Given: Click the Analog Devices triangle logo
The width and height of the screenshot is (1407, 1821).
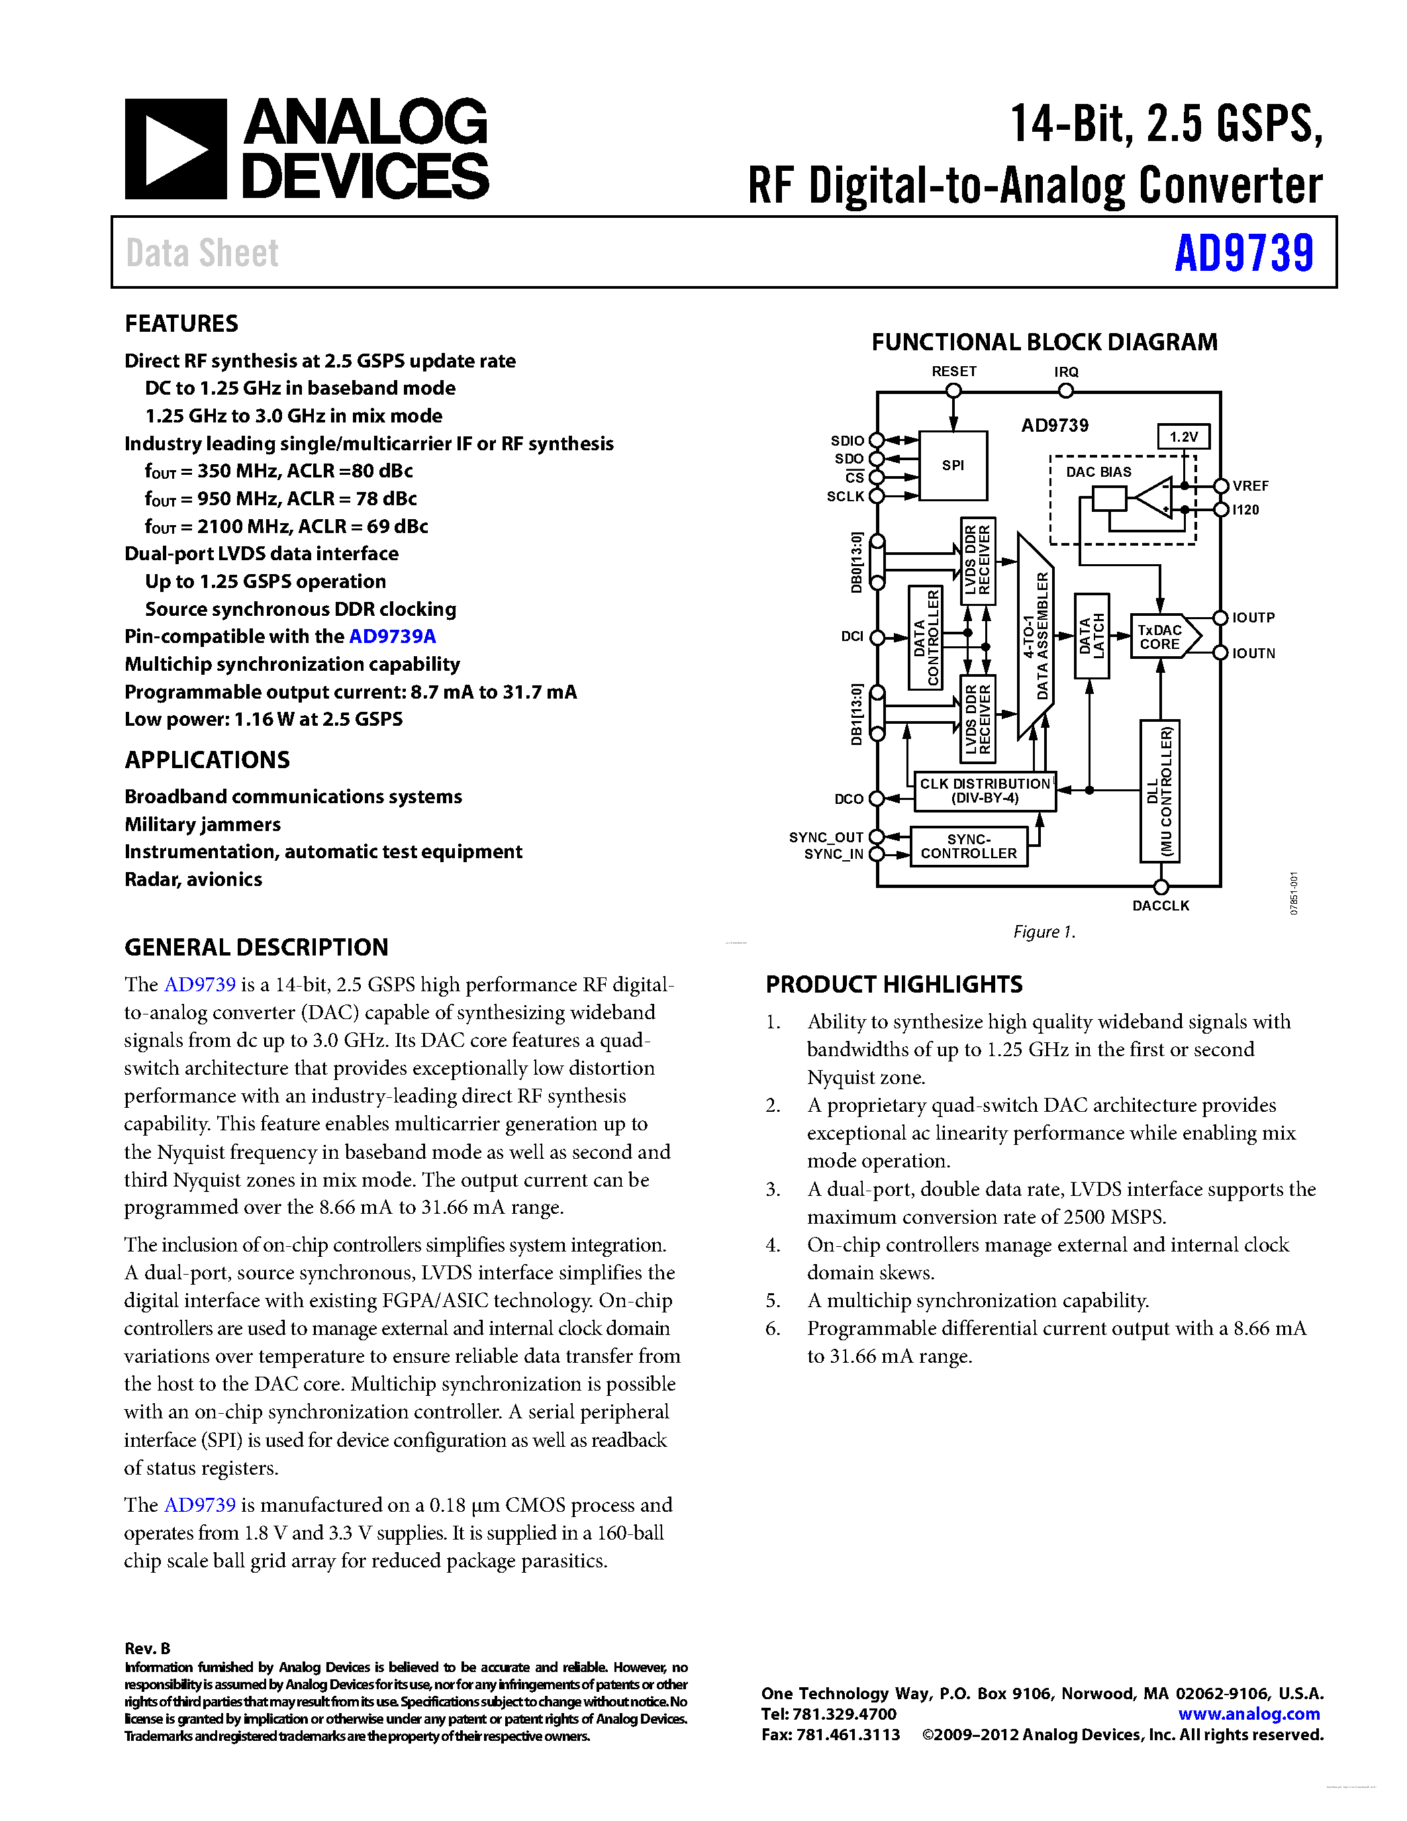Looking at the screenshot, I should coord(175,149).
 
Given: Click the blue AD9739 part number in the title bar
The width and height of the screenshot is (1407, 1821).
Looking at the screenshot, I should coord(1243,254).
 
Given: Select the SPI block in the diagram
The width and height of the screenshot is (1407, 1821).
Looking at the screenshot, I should coord(953,466).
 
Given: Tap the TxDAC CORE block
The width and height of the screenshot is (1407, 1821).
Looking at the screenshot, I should coord(1160,637).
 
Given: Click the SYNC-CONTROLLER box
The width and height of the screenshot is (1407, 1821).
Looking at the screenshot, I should coord(969,846).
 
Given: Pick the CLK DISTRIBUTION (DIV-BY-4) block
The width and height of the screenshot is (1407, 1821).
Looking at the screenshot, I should coord(985,791).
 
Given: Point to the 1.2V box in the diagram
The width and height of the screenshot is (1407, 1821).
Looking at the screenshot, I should coord(1183,437).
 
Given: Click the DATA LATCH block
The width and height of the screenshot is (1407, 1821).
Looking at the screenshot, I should coord(1091,636).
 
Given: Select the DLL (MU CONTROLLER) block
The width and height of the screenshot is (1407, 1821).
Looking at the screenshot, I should coord(1159,791).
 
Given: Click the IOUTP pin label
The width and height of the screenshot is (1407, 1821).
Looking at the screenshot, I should coord(1253,618).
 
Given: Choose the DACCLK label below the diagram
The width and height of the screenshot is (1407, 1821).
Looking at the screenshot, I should coord(1160,905).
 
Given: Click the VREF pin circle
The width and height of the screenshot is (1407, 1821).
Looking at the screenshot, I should coord(1221,486).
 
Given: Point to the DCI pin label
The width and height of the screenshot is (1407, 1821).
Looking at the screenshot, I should coord(852,637).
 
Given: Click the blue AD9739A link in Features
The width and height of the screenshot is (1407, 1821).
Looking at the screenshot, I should coord(392,636).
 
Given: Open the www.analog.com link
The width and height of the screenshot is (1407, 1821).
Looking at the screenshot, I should coord(1249,1714).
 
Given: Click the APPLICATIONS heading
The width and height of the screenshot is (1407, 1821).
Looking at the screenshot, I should coord(207,760).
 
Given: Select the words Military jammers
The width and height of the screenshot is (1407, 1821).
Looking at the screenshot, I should coord(203,824).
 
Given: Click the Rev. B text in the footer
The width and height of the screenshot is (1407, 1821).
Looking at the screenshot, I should coord(148,1648).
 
